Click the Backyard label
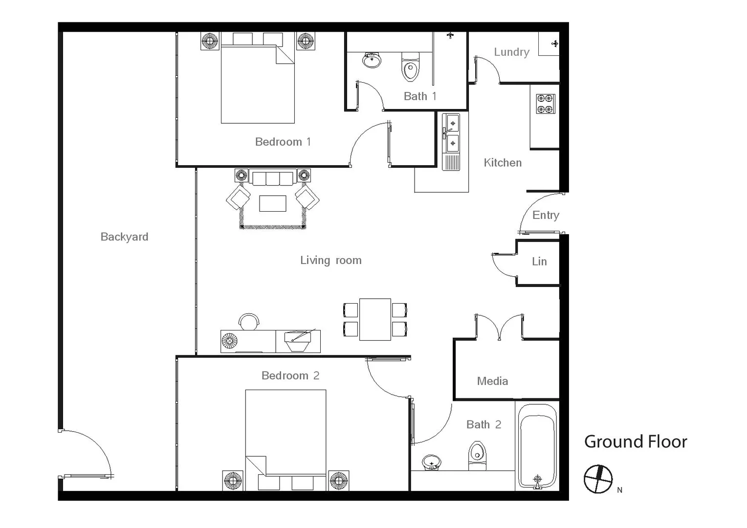pos(124,237)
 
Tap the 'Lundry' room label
pos(511,52)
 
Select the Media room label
pos(492,381)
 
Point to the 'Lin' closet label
pos(539,262)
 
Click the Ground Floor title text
pos(636,442)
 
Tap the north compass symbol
pos(598,479)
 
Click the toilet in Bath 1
pos(410,67)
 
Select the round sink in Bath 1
pos(372,60)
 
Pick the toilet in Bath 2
pos(478,455)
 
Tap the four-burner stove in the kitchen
pos(546,104)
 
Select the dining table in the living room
pos(375,319)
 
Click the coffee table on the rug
pos(273,203)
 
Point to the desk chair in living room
pos(249,321)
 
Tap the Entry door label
pos(546,215)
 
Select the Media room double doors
pos(499,327)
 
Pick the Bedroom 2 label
pos(290,375)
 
